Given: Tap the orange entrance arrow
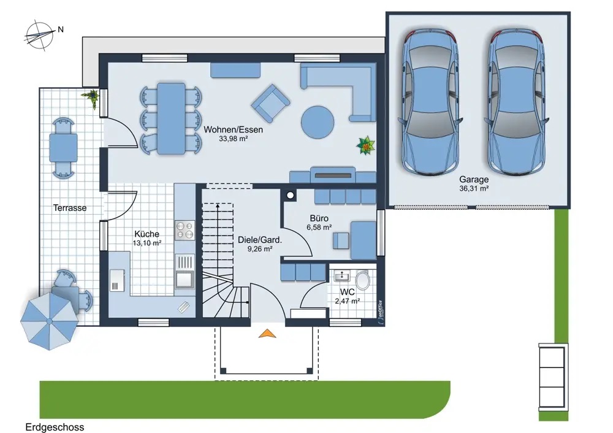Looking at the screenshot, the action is (267, 333).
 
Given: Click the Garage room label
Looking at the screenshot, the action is (474, 179).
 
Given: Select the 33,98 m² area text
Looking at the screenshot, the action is (234, 139).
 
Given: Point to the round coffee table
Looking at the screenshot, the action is (318, 122).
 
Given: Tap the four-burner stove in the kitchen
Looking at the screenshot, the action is (185, 230).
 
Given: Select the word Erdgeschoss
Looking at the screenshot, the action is (55, 427).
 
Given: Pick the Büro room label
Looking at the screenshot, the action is (319, 218).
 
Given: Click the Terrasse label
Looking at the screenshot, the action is (70, 208).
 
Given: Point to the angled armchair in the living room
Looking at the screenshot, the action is (270, 103).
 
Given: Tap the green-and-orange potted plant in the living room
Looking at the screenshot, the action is (365, 145).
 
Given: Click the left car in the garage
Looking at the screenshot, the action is (430, 101).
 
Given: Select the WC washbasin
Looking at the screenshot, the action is (343, 275).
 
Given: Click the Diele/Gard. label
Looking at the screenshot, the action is (259, 239).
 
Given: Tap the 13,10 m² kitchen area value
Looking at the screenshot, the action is (147, 243).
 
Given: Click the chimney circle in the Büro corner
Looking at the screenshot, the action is (290, 195).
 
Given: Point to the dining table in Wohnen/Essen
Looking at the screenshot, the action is (171, 118).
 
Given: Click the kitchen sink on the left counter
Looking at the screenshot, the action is (117, 280).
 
